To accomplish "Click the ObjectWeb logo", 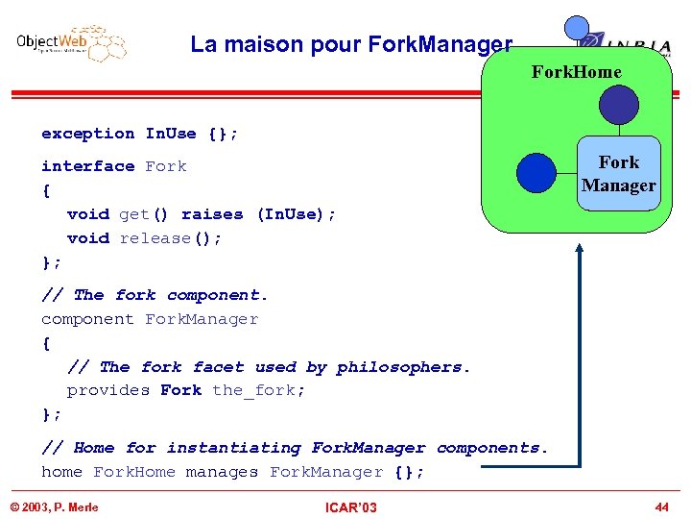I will click(x=71, y=43).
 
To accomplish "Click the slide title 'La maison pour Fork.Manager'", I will click(x=351, y=44).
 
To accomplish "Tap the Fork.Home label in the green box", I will click(x=576, y=72).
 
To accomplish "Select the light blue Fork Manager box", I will click(x=619, y=174).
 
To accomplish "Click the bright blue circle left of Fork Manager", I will click(x=536, y=174).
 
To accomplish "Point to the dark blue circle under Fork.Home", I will click(x=618, y=106).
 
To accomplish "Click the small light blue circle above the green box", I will click(x=577, y=28).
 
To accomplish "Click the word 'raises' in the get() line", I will click(x=212, y=214).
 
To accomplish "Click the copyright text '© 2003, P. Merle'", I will click(x=54, y=507).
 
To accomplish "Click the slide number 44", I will click(x=661, y=506).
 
